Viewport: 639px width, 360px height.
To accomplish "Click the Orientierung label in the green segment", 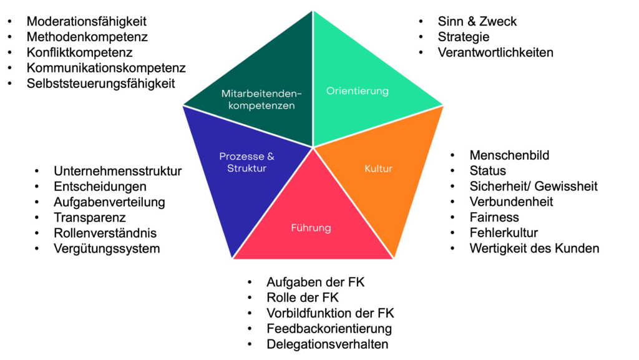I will tap(357, 91).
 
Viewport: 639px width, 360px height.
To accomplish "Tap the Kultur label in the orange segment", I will tap(378, 168).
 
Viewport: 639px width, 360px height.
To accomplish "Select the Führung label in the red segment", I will tap(311, 228).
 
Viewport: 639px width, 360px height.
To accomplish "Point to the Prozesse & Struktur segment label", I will tap(246, 162).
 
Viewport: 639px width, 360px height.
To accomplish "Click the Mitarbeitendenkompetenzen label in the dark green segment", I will tap(261, 100).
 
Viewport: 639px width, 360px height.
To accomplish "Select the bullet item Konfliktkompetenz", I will tap(79, 52).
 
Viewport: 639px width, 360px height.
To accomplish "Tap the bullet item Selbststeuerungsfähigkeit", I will tap(100, 84).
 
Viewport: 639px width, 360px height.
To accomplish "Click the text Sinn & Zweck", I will tap(477, 22).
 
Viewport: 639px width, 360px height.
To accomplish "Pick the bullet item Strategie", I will tap(464, 37).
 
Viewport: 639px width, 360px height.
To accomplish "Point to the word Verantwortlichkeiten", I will tap(495, 52).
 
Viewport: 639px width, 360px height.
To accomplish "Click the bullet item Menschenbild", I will tap(509, 155).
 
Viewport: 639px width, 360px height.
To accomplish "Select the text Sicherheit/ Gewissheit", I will tap(534, 186).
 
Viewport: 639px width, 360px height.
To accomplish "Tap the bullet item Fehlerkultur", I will tap(504, 233).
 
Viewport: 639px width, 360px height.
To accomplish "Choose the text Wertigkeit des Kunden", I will tap(534, 248).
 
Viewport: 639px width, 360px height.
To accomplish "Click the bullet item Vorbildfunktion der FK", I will tap(330, 313).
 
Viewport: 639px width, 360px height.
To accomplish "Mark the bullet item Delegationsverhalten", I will tap(327, 344).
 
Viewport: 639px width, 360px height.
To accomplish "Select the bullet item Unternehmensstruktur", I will tap(117, 171).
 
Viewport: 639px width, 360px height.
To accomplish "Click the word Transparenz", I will tap(90, 218).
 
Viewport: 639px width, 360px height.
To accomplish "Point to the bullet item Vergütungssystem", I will tap(107, 248).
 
